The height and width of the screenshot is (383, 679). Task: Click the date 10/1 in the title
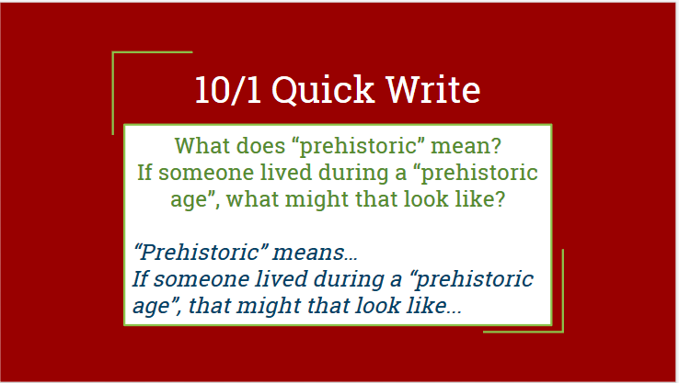pyautogui.click(x=228, y=89)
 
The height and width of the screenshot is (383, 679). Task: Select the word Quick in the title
pyautogui.click(x=323, y=89)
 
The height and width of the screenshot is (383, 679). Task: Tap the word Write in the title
pyautogui.click(x=433, y=89)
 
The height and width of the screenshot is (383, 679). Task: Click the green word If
pyautogui.click(x=144, y=172)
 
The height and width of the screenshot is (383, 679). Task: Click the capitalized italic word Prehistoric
pyautogui.click(x=200, y=252)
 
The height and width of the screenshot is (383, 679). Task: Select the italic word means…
pyautogui.click(x=315, y=253)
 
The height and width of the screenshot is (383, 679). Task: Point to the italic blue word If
pyautogui.click(x=140, y=279)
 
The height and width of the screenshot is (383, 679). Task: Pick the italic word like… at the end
pyautogui.click(x=434, y=306)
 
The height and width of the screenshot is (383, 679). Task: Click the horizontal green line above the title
pyautogui.click(x=153, y=52)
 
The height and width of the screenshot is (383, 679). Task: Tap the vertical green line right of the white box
pyautogui.click(x=563, y=290)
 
